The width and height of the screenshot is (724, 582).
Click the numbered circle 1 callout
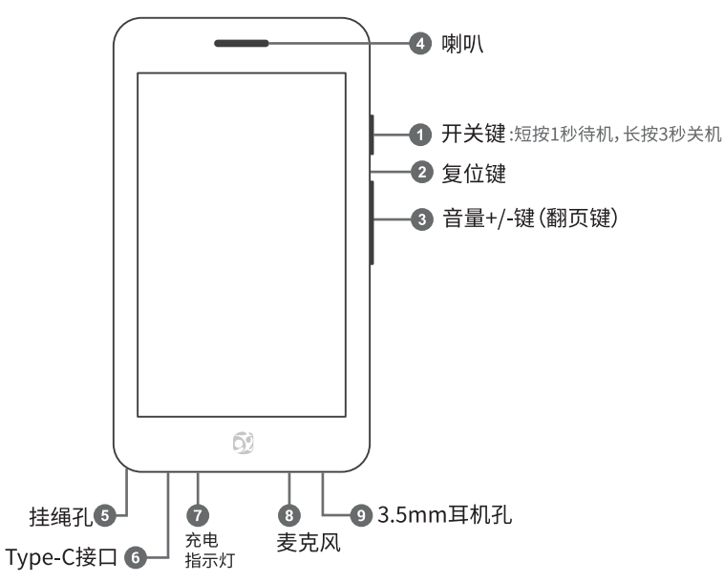[x=419, y=135]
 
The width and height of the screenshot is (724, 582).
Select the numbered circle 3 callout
[x=419, y=219]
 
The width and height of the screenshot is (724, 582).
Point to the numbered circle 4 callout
[x=419, y=44]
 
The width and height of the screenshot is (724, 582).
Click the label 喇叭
[x=462, y=44]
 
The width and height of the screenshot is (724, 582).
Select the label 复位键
[x=473, y=174]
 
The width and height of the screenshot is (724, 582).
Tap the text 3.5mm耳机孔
[x=445, y=516]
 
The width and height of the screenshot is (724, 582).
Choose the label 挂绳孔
[x=57, y=517]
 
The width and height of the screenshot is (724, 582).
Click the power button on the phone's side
[x=371, y=135]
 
